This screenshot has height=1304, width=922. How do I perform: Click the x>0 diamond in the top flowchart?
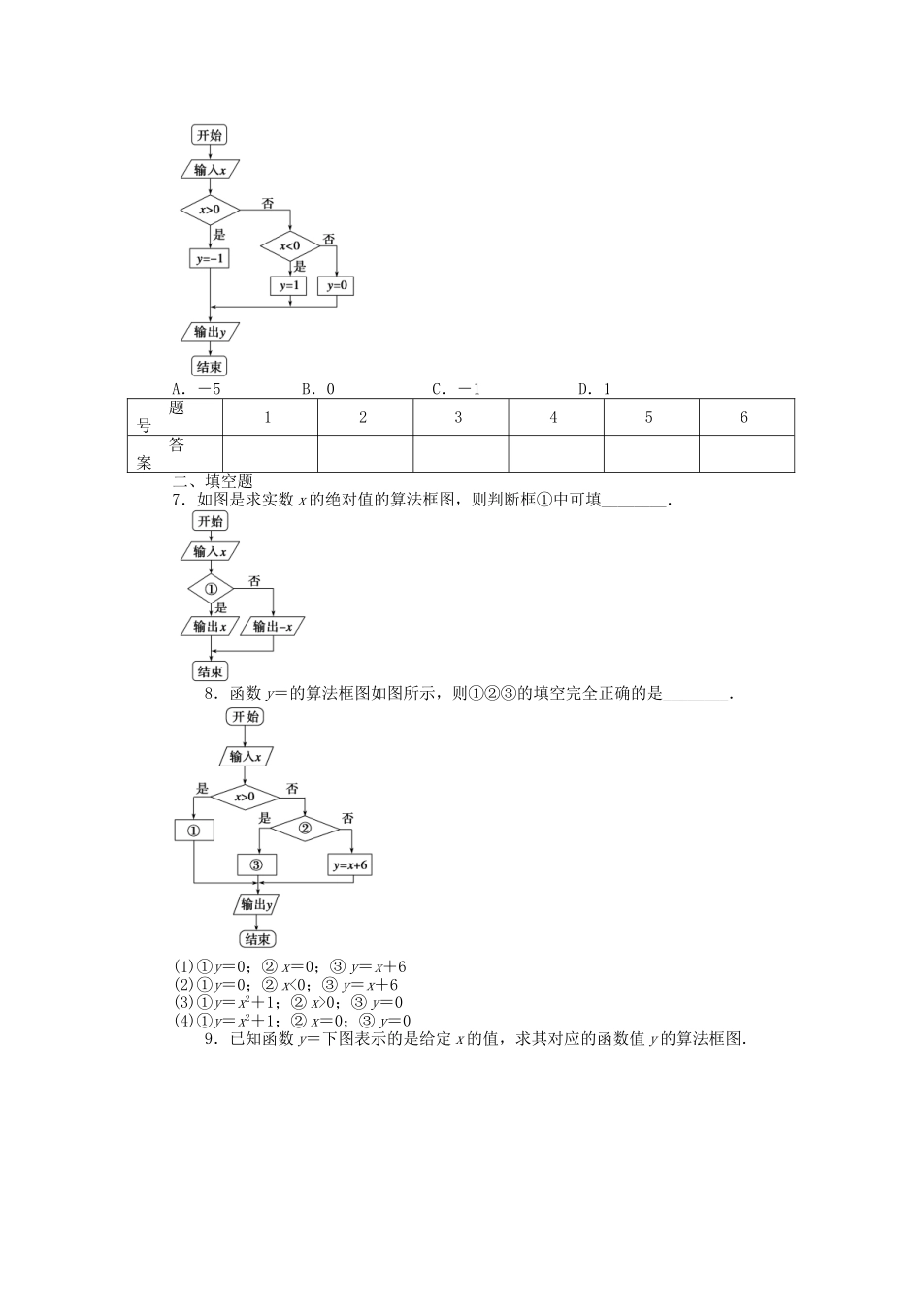[x=210, y=210]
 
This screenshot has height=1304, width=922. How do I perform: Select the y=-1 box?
[x=210, y=259]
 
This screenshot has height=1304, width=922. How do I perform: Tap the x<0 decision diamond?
[x=290, y=246]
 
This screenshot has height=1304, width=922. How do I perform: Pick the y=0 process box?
[x=337, y=285]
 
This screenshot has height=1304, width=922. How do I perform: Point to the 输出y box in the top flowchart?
[x=210, y=332]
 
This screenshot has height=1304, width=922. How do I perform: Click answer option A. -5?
[x=197, y=389]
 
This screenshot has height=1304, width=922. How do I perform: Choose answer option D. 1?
[x=594, y=389]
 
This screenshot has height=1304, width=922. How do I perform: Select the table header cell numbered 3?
[x=459, y=417]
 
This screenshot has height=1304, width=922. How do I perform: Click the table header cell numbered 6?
[x=744, y=417]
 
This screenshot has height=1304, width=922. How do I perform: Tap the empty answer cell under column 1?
[x=269, y=453]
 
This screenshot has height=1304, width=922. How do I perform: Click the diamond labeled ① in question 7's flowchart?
[x=211, y=589]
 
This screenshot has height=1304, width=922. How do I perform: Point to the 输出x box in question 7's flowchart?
[x=210, y=626]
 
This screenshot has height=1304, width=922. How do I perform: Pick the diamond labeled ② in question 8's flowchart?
[x=304, y=828]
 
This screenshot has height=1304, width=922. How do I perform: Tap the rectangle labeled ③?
[x=256, y=865]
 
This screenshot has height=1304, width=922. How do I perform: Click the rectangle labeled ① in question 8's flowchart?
[x=193, y=831]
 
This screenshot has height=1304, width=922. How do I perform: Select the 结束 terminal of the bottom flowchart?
[x=256, y=939]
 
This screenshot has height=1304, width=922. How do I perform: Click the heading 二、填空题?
[x=213, y=481]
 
